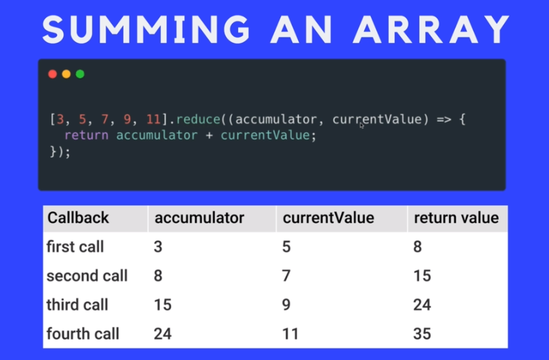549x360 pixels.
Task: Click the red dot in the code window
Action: pyautogui.click(x=53, y=74)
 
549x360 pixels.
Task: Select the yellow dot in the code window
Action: pyautogui.click(x=66, y=74)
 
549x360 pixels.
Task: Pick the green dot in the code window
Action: pyautogui.click(x=80, y=74)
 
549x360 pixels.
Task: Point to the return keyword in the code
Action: pyautogui.click(x=87, y=135)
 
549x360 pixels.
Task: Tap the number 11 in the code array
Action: pyautogui.click(x=153, y=120)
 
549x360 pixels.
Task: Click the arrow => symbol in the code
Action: pyautogui.click(x=443, y=120)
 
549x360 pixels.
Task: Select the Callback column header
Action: pyautogui.click(x=78, y=218)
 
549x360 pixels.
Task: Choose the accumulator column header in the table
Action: pyautogui.click(x=199, y=218)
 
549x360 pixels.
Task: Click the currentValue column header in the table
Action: pyautogui.click(x=328, y=218)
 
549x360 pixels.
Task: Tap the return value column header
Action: pyautogui.click(x=456, y=218)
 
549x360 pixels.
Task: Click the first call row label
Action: pyautogui.click(x=75, y=247)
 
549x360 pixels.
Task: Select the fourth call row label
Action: pyautogui.click(x=83, y=334)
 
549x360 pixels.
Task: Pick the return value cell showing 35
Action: pyautogui.click(x=422, y=334)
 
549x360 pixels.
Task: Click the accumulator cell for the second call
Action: pyautogui.click(x=159, y=276)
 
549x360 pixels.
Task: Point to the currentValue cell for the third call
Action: pyautogui.click(x=286, y=305)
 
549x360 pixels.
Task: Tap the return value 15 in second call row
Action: pyautogui.click(x=421, y=276)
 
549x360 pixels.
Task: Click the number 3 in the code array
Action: pyautogui.click(x=59, y=120)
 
